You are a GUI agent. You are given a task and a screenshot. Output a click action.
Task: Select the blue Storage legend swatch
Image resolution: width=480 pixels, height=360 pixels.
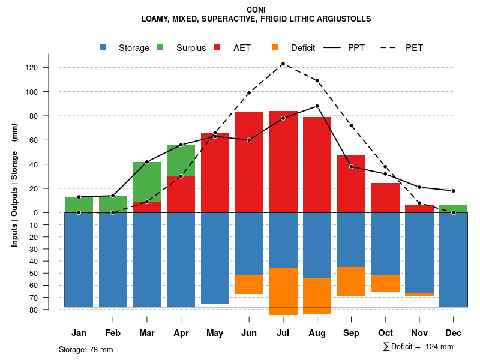tap(103, 47)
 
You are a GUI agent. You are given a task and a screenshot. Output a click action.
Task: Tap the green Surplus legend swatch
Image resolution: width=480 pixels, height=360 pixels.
tap(161, 47)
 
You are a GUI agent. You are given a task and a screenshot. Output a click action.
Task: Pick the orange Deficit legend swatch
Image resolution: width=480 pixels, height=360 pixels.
tap(275, 47)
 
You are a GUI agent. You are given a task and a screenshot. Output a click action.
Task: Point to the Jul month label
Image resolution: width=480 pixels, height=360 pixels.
tap(283, 333)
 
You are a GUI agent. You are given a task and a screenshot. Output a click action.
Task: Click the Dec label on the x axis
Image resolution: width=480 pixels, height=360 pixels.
tap(453, 333)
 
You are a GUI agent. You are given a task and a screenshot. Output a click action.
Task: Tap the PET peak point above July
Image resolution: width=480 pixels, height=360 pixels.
tap(283, 64)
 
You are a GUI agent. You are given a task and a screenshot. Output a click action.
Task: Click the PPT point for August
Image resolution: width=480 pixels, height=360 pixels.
tap(317, 106)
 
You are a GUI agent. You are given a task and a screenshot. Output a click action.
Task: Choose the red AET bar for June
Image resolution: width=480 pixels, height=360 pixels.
tap(249, 162)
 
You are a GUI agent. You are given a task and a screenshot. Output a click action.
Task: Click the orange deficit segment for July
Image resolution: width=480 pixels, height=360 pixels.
tap(283, 292)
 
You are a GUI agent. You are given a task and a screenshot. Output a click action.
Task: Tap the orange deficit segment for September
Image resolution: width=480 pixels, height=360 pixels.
tap(351, 281)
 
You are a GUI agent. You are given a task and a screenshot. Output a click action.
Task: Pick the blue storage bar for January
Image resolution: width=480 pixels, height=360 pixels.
tap(79, 260)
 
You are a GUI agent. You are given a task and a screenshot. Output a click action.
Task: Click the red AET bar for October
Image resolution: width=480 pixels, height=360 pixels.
tap(385, 198)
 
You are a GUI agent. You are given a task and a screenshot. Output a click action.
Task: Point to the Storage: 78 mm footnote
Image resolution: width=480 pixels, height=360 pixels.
tap(86, 349)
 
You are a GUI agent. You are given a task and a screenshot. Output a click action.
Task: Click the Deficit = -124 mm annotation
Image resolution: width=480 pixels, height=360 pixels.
tap(418, 347)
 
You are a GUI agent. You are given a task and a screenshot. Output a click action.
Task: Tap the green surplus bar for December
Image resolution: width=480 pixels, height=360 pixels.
tap(453, 209)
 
